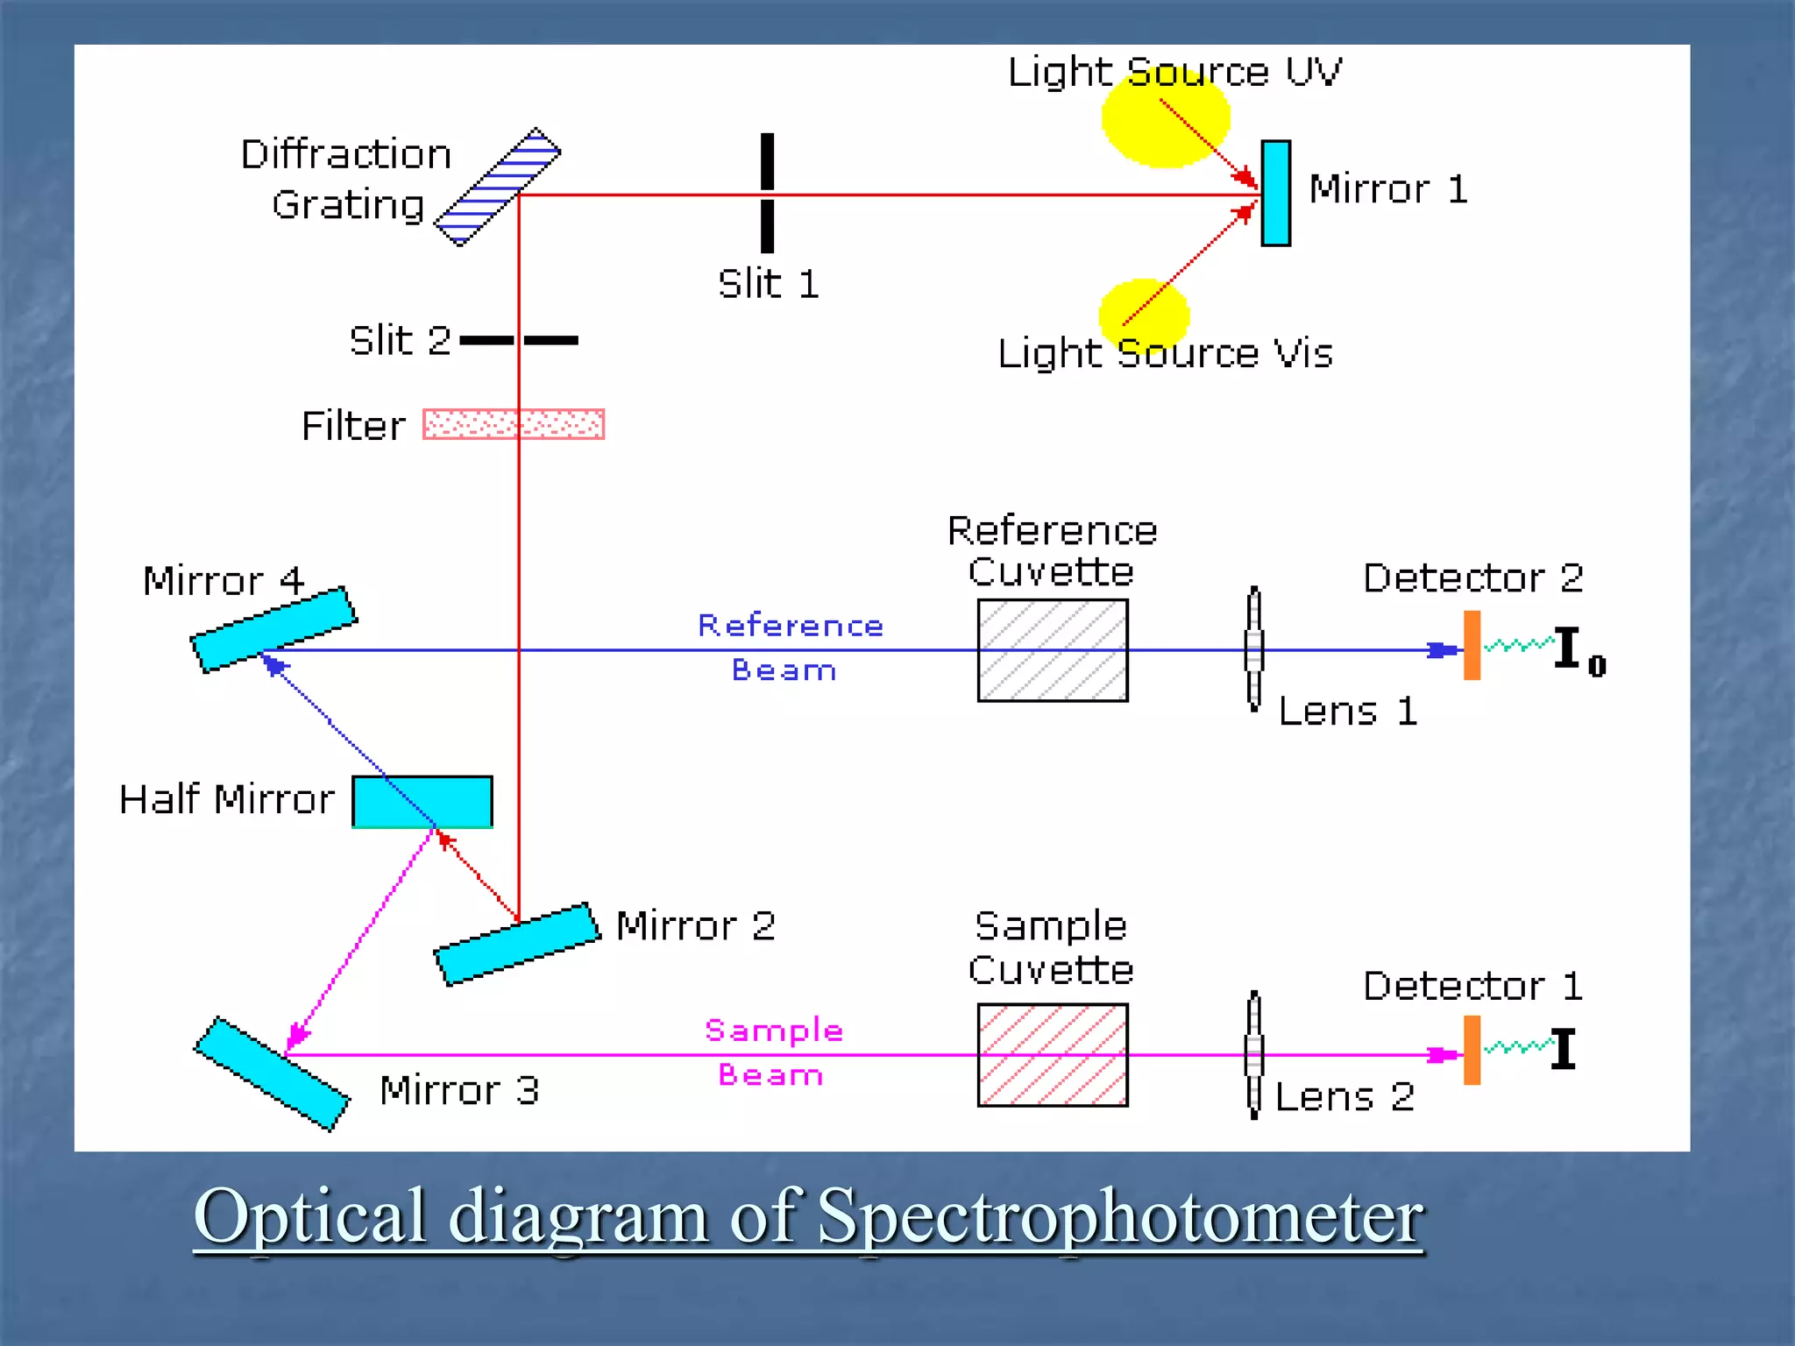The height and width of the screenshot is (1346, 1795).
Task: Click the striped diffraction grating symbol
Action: click(498, 187)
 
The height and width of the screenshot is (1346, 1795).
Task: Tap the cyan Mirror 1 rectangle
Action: click(1275, 193)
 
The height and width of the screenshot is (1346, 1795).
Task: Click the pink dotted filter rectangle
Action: click(514, 424)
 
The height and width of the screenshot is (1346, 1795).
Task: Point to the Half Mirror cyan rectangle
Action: click(422, 801)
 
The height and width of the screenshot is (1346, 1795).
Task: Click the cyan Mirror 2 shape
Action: click(517, 945)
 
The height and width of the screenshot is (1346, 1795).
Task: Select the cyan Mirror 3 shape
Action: click(272, 1074)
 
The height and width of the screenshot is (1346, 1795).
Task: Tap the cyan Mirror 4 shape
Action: click(273, 629)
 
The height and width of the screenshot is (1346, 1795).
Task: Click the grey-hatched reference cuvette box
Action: click(1052, 650)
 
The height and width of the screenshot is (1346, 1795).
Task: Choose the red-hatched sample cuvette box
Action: click(1052, 1055)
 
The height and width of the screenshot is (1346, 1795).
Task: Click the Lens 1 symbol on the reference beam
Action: click(1254, 648)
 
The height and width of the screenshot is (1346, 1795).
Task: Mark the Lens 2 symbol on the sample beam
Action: click(1254, 1054)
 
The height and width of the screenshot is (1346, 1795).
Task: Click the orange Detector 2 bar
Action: click(1472, 646)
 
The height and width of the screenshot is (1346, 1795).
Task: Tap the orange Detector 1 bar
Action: click(1472, 1050)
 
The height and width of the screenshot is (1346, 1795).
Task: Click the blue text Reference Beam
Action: click(789, 647)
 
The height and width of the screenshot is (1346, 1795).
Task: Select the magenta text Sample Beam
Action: click(773, 1052)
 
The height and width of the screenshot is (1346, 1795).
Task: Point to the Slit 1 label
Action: click(769, 284)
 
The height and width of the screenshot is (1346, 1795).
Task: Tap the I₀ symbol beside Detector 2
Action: click(1578, 651)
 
